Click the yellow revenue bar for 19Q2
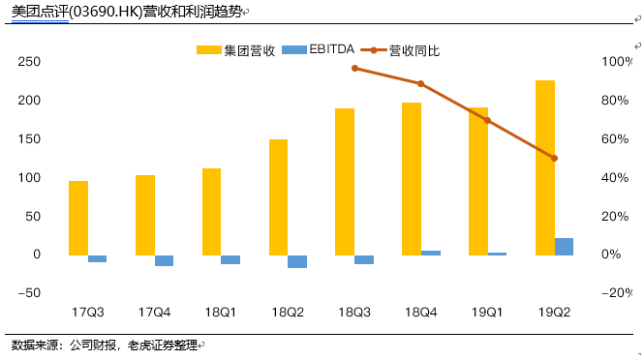545,167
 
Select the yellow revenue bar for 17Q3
78,218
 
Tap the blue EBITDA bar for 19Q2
564,246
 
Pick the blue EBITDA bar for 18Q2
296,261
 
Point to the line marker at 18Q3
354,68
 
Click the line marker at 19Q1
487,120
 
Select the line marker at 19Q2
554,158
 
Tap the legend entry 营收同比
415,49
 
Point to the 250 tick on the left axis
29,62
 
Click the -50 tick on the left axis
28,293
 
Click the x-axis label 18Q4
420,313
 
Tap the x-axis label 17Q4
154,313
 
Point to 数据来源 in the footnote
35,345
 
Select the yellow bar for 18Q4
412,178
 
